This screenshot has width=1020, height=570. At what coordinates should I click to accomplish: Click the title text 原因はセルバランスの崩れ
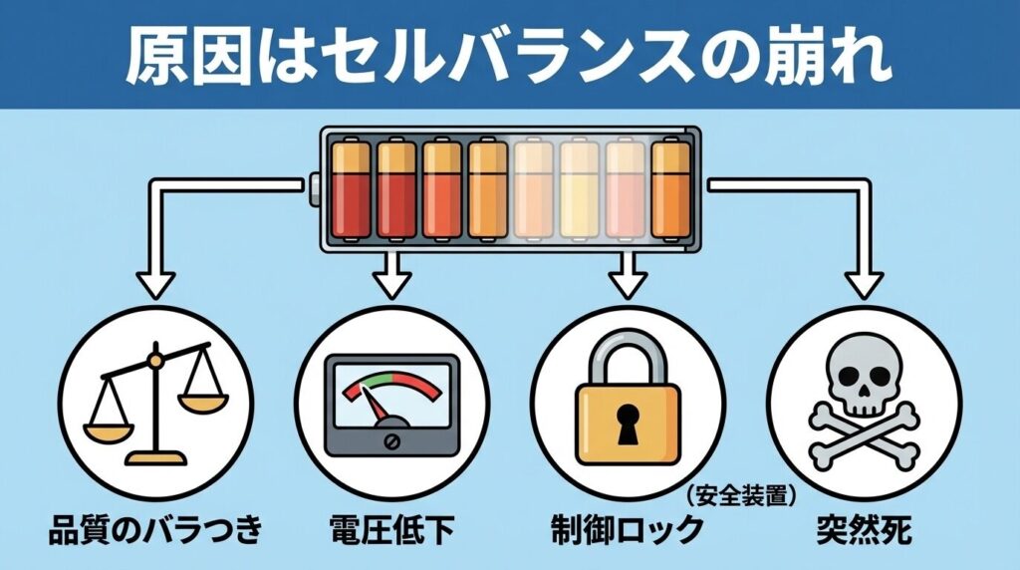[x=509, y=54]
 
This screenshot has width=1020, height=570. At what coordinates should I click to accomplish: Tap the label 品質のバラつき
[x=155, y=528]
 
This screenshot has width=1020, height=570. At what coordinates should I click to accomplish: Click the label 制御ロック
[x=626, y=529]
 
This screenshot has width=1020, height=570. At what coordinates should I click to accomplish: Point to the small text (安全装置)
[x=745, y=491]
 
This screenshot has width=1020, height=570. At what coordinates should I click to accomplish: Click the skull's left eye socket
[x=848, y=377]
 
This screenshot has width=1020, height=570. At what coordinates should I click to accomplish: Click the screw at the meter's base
[x=391, y=439]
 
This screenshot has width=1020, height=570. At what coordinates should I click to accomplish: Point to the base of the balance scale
[x=156, y=457]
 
